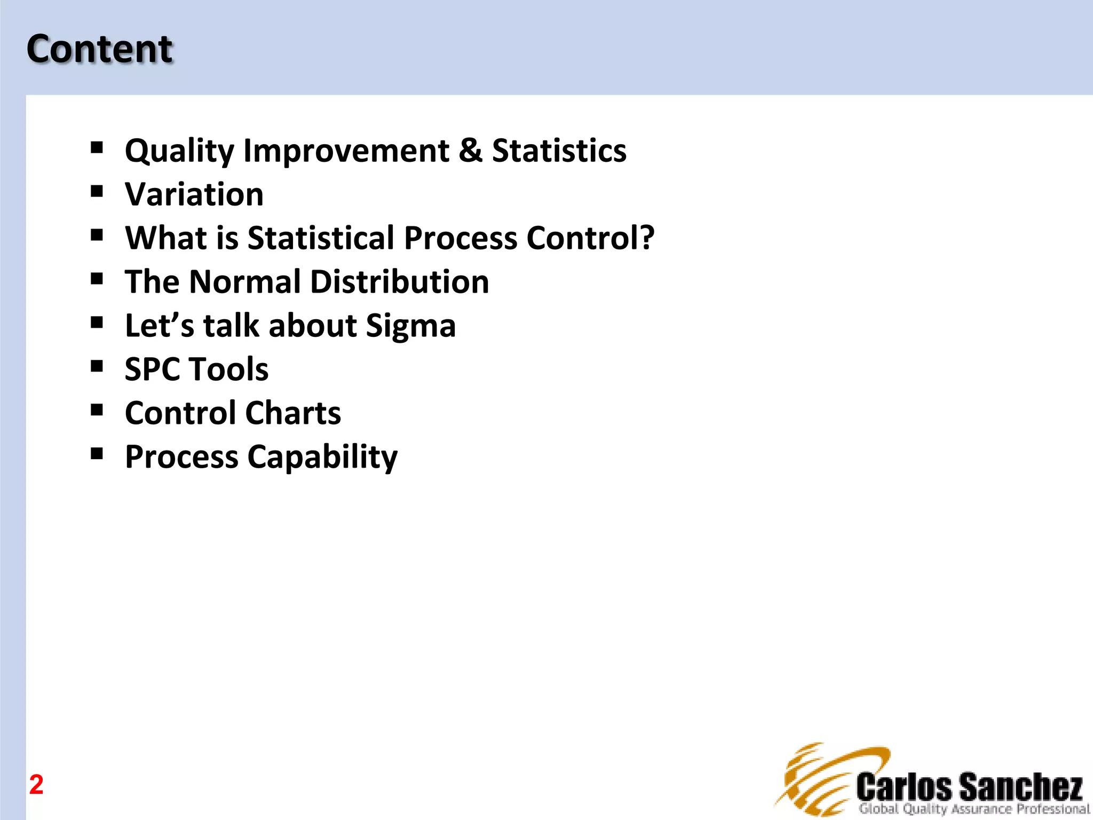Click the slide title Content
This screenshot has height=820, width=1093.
pyautogui.click(x=100, y=49)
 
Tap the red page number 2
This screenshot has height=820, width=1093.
pyautogui.click(x=36, y=784)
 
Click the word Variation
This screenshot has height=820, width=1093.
pyautogui.click(x=194, y=194)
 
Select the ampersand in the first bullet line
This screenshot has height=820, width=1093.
pyautogui.click(x=470, y=150)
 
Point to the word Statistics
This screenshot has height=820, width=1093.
pyautogui.click(x=559, y=151)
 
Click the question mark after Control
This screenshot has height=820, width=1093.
pyautogui.click(x=647, y=238)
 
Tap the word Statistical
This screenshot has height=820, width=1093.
pyautogui.click(x=321, y=238)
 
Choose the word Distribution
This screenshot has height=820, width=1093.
pyautogui.click(x=399, y=281)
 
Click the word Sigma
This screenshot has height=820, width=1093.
pyautogui.click(x=410, y=326)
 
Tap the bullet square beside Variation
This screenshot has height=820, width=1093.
pyautogui.click(x=97, y=191)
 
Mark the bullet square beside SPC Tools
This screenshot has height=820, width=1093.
pyautogui.click(x=97, y=366)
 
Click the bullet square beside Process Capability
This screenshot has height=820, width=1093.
pyautogui.click(x=97, y=453)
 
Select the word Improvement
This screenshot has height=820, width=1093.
pyautogui.click(x=346, y=151)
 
